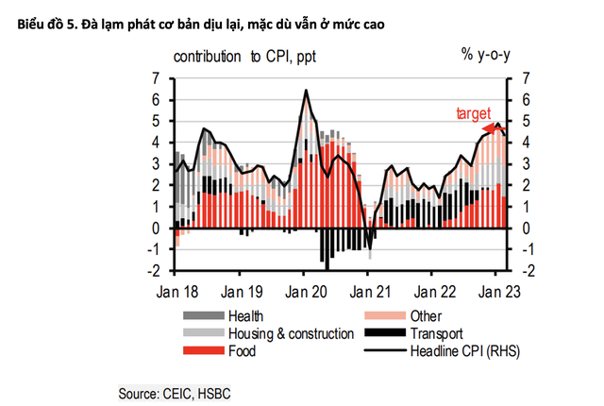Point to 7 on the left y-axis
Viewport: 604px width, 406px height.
pos(157,78)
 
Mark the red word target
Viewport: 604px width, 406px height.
pos(475,113)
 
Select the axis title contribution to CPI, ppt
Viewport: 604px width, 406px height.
pos(244,56)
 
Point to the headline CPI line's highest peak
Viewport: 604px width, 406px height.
pos(306,91)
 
